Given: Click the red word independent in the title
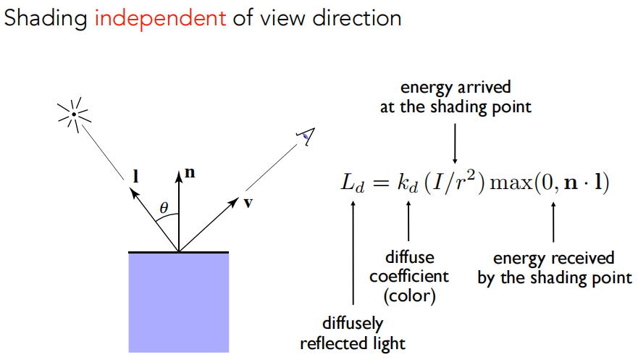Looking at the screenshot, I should click(x=160, y=18).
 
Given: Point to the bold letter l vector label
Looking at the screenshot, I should click(x=137, y=175).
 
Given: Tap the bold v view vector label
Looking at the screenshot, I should click(x=248, y=202).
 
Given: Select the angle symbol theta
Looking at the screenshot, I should click(x=164, y=209).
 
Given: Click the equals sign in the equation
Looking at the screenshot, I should click(x=382, y=183).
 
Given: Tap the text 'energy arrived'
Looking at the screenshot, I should click(x=456, y=88).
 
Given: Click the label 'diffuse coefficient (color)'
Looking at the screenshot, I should click(x=409, y=276).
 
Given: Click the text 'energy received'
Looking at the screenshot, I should click(x=554, y=259).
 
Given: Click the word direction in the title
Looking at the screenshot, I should click(x=353, y=18).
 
